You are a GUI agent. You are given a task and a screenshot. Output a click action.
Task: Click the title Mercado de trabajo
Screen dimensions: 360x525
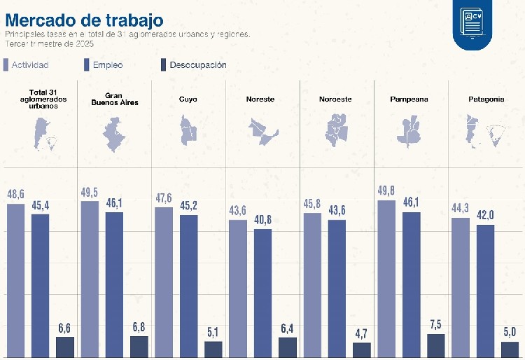[85, 18]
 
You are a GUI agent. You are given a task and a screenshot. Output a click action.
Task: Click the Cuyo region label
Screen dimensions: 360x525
[188, 99]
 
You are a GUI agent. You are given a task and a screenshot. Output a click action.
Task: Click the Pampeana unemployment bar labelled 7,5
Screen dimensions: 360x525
[436, 345]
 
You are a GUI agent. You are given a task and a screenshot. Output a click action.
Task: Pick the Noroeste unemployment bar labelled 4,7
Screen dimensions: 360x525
[362, 349]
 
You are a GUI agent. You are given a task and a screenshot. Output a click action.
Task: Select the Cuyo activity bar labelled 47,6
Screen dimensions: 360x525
[164, 282]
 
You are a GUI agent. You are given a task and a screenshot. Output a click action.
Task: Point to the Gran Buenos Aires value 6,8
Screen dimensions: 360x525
[139, 327]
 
